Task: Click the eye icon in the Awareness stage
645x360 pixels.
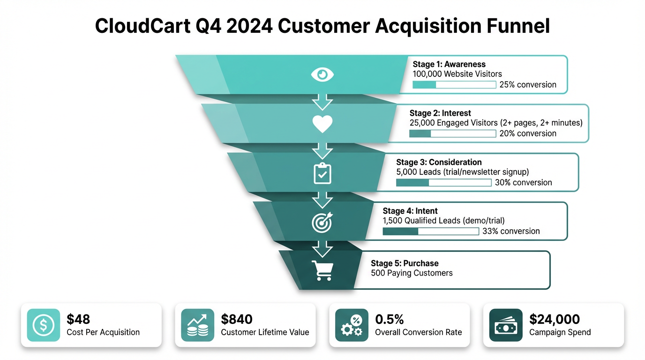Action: [x=322, y=74]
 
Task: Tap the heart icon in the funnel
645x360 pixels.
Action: [x=322, y=124]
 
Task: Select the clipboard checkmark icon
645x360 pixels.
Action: [x=322, y=173]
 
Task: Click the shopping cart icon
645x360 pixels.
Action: [x=322, y=270]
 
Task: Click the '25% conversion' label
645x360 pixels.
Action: [x=528, y=85]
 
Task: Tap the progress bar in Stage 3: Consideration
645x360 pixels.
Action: [x=443, y=183]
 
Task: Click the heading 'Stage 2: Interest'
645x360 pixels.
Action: [x=440, y=113]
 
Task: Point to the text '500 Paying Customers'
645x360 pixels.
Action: [x=412, y=273]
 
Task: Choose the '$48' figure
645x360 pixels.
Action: [x=78, y=319]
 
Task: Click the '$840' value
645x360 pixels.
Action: [x=237, y=319]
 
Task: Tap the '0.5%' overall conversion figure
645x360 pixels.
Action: [x=390, y=319]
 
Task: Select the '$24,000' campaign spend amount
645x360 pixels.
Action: [x=555, y=319]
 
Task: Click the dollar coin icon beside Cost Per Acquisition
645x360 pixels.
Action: [x=44, y=325]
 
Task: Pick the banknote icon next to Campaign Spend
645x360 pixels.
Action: [x=506, y=325]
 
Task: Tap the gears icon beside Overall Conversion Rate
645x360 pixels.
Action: [x=352, y=325]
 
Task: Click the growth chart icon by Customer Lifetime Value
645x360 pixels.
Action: [x=197, y=325]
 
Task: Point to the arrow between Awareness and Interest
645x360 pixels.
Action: [x=322, y=101]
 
